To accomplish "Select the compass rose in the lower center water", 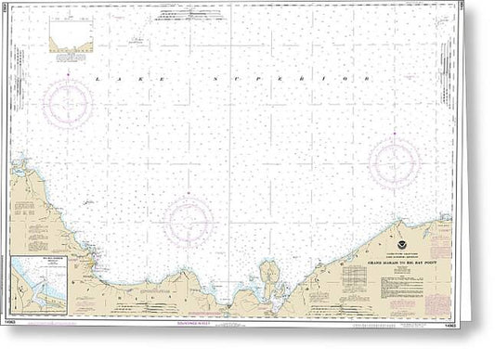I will [x=190, y=222].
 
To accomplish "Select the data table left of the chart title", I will [x=371, y=268].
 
